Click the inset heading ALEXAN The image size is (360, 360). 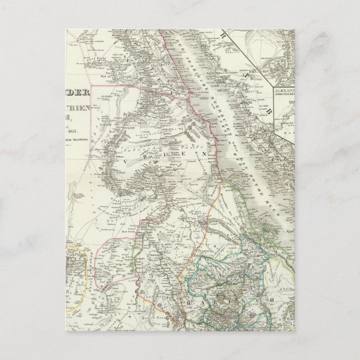click(286, 88)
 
